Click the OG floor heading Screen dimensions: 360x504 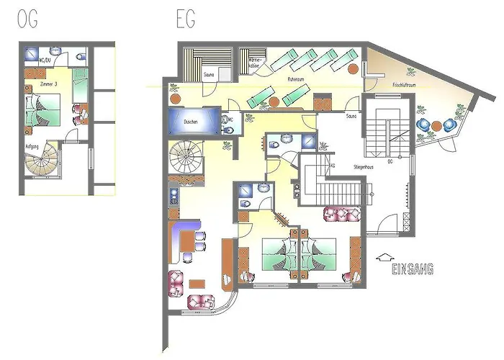point(27,19)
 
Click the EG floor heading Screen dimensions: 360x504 point(185,19)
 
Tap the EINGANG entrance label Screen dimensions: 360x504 point(413,270)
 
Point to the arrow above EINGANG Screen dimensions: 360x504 point(385,254)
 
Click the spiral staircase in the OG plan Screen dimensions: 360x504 point(42,165)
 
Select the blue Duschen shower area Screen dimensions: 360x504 point(191,121)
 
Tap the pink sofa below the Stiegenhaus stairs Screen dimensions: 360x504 point(340,214)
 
